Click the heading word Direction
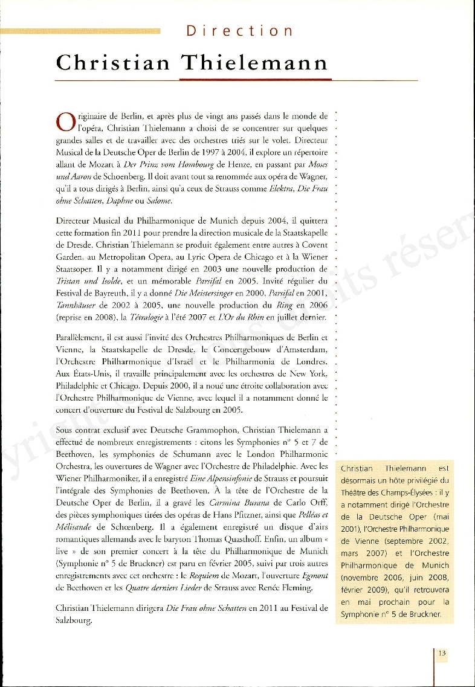click(x=240, y=31)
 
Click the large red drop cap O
click(x=65, y=122)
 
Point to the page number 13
click(x=442, y=653)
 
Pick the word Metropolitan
click(x=111, y=256)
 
